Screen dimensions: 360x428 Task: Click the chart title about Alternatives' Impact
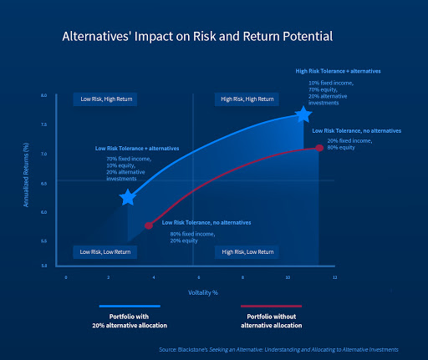[197, 37]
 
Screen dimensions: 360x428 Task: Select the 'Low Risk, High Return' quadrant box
[104, 99]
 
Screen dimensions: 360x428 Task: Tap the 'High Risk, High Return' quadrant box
[247, 99]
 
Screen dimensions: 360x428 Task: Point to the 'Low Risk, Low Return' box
[104, 251]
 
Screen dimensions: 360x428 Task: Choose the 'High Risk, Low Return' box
[247, 251]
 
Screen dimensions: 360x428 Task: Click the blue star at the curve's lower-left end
[128, 197]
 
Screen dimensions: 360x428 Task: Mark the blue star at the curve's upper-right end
[303, 114]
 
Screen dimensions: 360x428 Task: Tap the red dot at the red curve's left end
[150, 226]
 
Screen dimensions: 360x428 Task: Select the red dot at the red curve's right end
[318, 148]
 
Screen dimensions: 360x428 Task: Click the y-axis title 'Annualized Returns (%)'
[28, 180]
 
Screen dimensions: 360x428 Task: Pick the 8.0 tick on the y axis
[43, 96]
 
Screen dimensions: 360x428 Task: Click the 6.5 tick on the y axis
[43, 183]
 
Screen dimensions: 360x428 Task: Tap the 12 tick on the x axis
[334, 276]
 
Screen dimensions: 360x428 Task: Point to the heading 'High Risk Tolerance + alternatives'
[338, 71]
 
